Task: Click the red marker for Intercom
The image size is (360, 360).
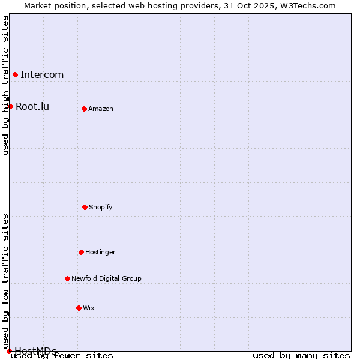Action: tap(15, 74)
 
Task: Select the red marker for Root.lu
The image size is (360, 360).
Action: tap(10, 106)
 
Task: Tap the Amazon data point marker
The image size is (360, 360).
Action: tap(84, 109)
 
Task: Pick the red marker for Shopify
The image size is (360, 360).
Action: tap(85, 207)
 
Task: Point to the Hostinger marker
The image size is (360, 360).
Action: tap(81, 252)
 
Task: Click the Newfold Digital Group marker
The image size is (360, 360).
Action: tap(67, 278)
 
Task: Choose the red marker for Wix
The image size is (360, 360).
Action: tap(79, 308)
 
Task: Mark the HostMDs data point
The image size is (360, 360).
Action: tap(9, 351)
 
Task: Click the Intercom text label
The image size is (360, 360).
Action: tap(42, 74)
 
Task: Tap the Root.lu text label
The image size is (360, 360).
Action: tap(32, 106)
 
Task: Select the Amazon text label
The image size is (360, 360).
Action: tap(101, 109)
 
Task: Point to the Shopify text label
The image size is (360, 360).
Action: tap(101, 207)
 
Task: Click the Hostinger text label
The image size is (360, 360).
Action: tap(100, 252)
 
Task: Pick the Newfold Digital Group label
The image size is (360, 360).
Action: tap(106, 278)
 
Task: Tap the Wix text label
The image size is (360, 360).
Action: tap(89, 308)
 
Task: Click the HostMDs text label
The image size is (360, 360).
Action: tap(35, 351)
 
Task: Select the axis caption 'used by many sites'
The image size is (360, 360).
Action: tap(301, 355)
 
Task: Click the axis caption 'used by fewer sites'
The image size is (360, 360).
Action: tap(62, 355)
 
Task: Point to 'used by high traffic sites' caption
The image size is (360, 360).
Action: tap(5, 85)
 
